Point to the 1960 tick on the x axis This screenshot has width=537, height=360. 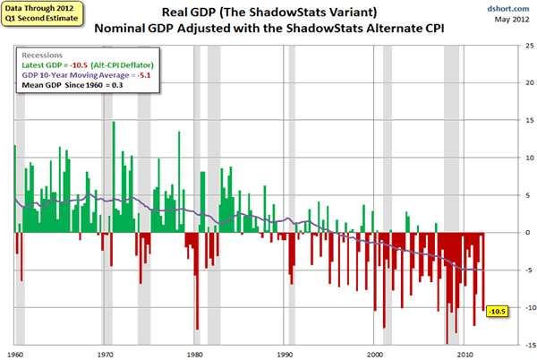15,353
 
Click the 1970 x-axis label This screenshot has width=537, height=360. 106,353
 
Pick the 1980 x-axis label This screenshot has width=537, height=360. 196,353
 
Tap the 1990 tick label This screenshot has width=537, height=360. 286,353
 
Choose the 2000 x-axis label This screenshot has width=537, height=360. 376,353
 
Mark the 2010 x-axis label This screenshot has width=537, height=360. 465,353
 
